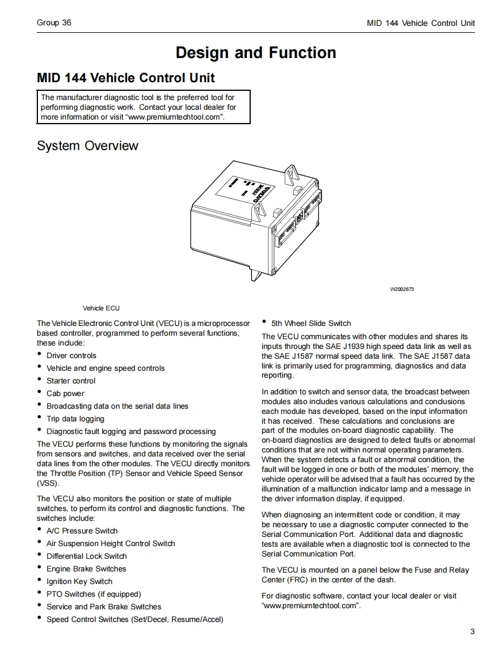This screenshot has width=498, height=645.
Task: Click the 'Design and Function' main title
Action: [x=256, y=53]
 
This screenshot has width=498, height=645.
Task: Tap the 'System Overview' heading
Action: [x=87, y=145]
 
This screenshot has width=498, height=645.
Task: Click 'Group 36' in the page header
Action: [x=54, y=23]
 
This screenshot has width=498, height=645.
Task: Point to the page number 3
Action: [x=472, y=632]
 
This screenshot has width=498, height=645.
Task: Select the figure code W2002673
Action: [x=402, y=289]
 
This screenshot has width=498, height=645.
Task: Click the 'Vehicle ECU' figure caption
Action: [x=101, y=308]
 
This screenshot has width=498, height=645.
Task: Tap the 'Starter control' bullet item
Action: [x=71, y=381]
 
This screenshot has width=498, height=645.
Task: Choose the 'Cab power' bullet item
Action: [x=65, y=393]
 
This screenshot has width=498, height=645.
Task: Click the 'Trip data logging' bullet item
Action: [x=75, y=419]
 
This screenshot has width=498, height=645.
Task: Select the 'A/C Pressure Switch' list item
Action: [x=82, y=531]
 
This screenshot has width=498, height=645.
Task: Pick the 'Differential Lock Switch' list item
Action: [x=86, y=556]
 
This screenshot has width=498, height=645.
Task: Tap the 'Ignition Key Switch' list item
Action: [x=79, y=581]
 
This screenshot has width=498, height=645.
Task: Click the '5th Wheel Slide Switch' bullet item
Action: [x=311, y=323]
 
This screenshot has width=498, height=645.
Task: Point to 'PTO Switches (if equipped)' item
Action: [x=93, y=594]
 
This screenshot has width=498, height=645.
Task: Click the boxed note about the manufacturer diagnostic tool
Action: [x=144, y=107]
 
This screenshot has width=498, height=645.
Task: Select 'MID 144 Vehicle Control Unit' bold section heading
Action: [x=126, y=78]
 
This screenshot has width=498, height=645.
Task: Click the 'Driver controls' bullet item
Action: [x=71, y=355]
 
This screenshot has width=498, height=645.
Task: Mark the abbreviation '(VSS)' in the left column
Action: [x=48, y=483]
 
